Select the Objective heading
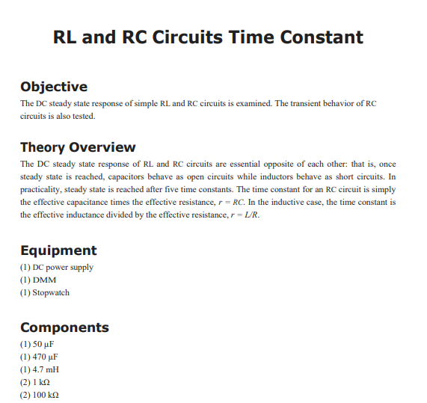(53, 87)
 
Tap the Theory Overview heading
(78, 147)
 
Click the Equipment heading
(58, 250)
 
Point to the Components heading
(64, 327)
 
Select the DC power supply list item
(57, 267)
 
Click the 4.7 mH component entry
(41, 369)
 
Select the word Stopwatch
(51, 292)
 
